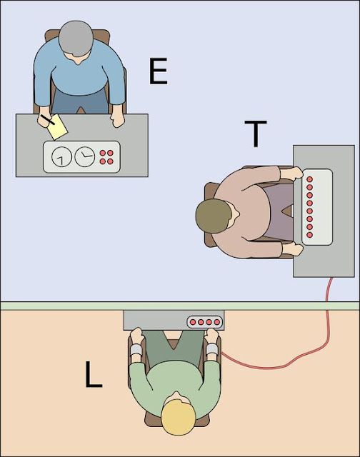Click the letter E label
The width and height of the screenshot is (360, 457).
[159, 71]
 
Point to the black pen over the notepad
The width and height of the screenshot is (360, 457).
[48, 118]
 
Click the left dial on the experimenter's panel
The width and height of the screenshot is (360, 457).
[63, 156]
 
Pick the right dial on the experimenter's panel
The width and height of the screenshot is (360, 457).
[85, 156]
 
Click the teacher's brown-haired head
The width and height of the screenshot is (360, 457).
[214, 216]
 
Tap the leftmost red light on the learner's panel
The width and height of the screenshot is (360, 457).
[193, 322]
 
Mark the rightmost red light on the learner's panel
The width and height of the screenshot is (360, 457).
[217, 322]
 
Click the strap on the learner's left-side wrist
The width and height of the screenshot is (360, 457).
[135, 351]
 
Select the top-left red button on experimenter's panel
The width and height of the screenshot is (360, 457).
[104, 153]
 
